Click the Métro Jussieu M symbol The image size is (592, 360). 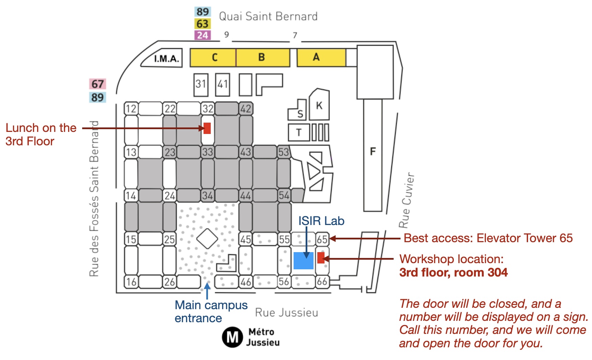[232, 337]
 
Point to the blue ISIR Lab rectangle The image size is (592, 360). [303, 261]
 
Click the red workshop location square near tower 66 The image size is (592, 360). [321, 258]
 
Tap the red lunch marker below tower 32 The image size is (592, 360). [207, 128]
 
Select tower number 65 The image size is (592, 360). [322, 239]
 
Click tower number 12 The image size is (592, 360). [131, 109]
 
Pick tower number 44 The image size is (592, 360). [245, 196]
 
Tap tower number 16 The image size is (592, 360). [131, 282]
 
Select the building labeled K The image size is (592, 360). [319, 105]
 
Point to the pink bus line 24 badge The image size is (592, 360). [202, 35]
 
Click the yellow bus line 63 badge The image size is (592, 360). [202, 24]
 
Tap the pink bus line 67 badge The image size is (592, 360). [98, 84]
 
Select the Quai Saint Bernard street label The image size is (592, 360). [268, 16]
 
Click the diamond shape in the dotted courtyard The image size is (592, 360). [207, 238]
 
